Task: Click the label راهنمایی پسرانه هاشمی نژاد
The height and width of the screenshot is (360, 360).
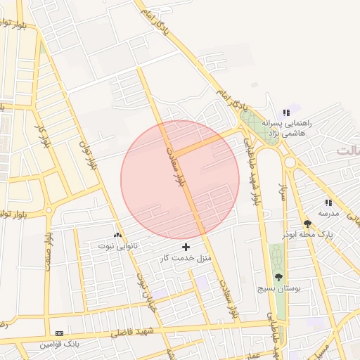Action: click(291, 127)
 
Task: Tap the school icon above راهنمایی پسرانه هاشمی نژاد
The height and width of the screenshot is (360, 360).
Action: click(286, 112)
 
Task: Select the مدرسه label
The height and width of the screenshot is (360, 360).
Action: click(328, 212)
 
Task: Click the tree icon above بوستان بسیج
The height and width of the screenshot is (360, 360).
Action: click(278, 278)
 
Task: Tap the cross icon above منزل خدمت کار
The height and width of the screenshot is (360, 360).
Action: click(186, 247)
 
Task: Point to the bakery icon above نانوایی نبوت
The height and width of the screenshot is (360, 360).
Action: click(117, 235)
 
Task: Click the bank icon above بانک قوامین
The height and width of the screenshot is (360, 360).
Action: click(59, 333)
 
